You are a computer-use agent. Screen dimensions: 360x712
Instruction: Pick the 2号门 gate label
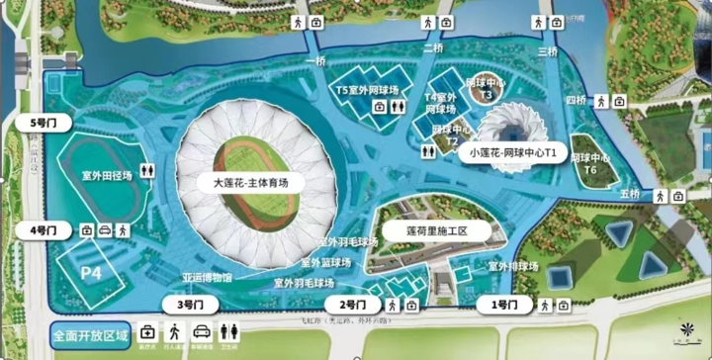354,304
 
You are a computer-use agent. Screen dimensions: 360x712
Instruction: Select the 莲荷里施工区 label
436,230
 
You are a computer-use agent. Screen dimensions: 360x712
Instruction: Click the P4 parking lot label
91,271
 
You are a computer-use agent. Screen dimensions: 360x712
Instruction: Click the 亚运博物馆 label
207,278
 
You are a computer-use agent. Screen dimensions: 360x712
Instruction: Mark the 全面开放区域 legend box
91,335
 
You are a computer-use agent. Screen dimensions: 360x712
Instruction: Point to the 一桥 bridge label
315,61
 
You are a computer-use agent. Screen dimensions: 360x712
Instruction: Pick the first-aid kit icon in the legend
147,331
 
